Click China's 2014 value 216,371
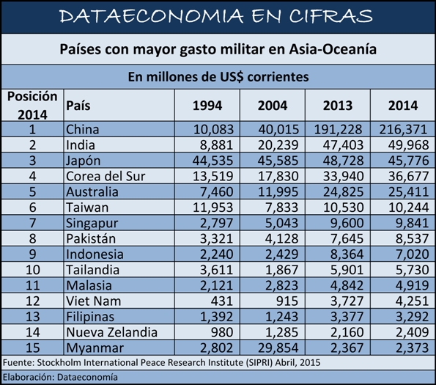click(x=403, y=130)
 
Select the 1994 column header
click(x=207, y=106)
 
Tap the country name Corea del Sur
click(x=106, y=176)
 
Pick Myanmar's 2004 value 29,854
click(x=278, y=348)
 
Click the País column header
click(x=78, y=106)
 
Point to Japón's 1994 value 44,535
click(x=213, y=161)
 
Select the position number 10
click(x=33, y=270)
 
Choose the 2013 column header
click(x=338, y=106)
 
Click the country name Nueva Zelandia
click(x=112, y=332)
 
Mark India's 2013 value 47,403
click(x=343, y=145)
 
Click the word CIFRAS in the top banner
click(x=331, y=16)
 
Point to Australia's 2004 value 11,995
click(x=278, y=192)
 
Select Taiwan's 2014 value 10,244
click(x=408, y=208)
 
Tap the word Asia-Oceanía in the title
click(x=333, y=49)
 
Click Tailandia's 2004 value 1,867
click(x=282, y=270)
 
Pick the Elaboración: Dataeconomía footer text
click(x=60, y=377)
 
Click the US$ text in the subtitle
click(x=232, y=77)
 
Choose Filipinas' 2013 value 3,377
click(x=347, y=317)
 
